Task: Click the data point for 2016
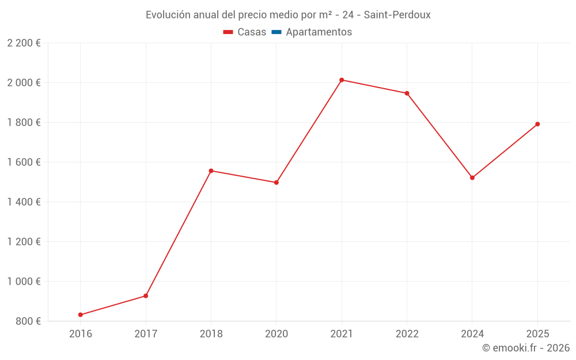point(81,314)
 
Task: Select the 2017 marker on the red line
point(146,296)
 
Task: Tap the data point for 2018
point(211,170)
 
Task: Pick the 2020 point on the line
point(276,183)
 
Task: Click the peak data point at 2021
point(342,80)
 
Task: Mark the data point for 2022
point(407,93)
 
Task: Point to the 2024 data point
point(472,177)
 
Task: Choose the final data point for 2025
point(537,124)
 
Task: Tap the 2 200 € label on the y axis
point(24,43)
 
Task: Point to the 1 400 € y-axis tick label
point(24,202)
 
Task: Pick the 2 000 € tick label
point(24,83)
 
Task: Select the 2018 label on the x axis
point(211,334)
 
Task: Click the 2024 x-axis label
point(472,334)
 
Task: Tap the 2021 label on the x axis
point(342,334)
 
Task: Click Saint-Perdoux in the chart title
point(397,15)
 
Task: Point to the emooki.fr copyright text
point(526,348)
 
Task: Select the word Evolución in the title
point(168,15)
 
